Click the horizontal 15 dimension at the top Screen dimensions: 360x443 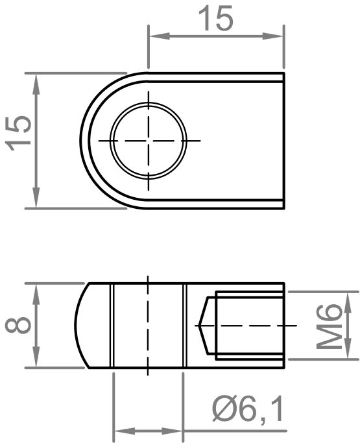pos(216,19)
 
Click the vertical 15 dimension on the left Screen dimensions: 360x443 pos(19,133)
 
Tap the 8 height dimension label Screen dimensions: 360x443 pos(18,325)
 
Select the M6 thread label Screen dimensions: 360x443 pos(329,326)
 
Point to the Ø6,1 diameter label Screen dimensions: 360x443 pos(248,409)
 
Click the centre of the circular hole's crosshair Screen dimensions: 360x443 pos(149,140)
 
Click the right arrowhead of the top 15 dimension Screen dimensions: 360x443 pos(272,36)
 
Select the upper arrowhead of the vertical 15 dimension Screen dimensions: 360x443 pos(36,84)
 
